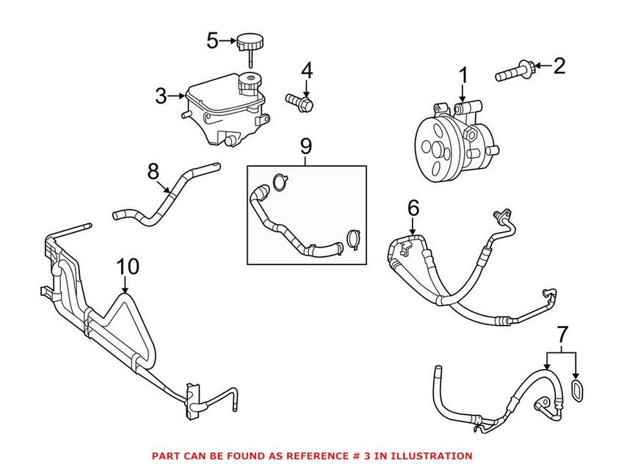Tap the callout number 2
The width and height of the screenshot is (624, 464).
pos(559,67)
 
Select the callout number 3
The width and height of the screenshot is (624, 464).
pos(161,95)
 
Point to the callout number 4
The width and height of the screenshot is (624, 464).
pos(306,71)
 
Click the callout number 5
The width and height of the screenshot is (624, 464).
pos(212,40)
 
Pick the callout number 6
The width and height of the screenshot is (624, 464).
pos(413,209)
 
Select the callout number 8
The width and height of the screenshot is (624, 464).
pos(153,171)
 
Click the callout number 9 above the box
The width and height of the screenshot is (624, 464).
pos(306,147)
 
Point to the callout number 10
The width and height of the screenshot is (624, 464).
pos(128,267)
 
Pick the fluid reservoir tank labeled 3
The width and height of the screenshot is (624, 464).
pos(220,110)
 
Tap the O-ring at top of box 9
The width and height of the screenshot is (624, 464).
pos(279,181)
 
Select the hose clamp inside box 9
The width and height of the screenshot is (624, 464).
pos(353,238)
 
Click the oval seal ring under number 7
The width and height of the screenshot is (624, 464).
pos(577,389)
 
